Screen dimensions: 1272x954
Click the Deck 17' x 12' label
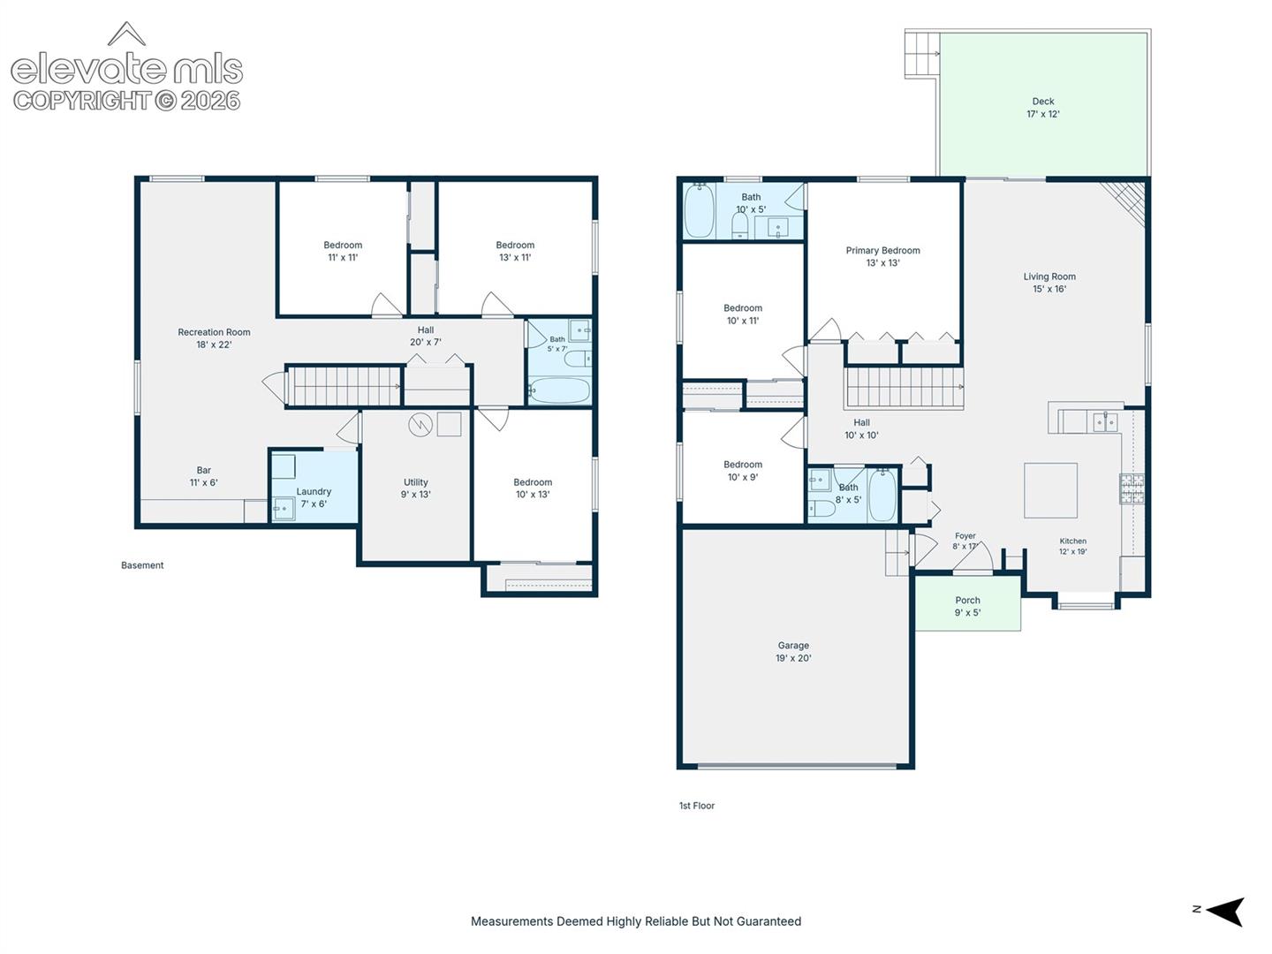1042,108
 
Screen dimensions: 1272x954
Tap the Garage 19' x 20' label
792,651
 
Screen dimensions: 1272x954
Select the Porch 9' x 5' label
967,607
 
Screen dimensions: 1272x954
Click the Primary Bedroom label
882,250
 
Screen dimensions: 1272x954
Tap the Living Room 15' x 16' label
1049,283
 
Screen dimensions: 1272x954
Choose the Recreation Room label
214,332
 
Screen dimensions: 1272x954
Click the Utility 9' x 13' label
415,488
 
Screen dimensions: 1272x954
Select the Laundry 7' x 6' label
314,497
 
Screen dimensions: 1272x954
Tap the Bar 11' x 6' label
203,476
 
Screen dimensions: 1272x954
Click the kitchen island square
1050,490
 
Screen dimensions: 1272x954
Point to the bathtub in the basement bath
559,390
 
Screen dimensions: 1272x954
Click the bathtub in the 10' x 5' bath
699,211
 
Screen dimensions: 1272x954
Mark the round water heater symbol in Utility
420,425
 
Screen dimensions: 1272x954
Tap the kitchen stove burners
1132,488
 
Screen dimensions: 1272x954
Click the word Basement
142,565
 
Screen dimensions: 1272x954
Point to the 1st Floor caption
697,806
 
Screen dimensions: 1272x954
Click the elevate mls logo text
127,69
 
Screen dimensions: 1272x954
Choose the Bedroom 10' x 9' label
742,471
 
